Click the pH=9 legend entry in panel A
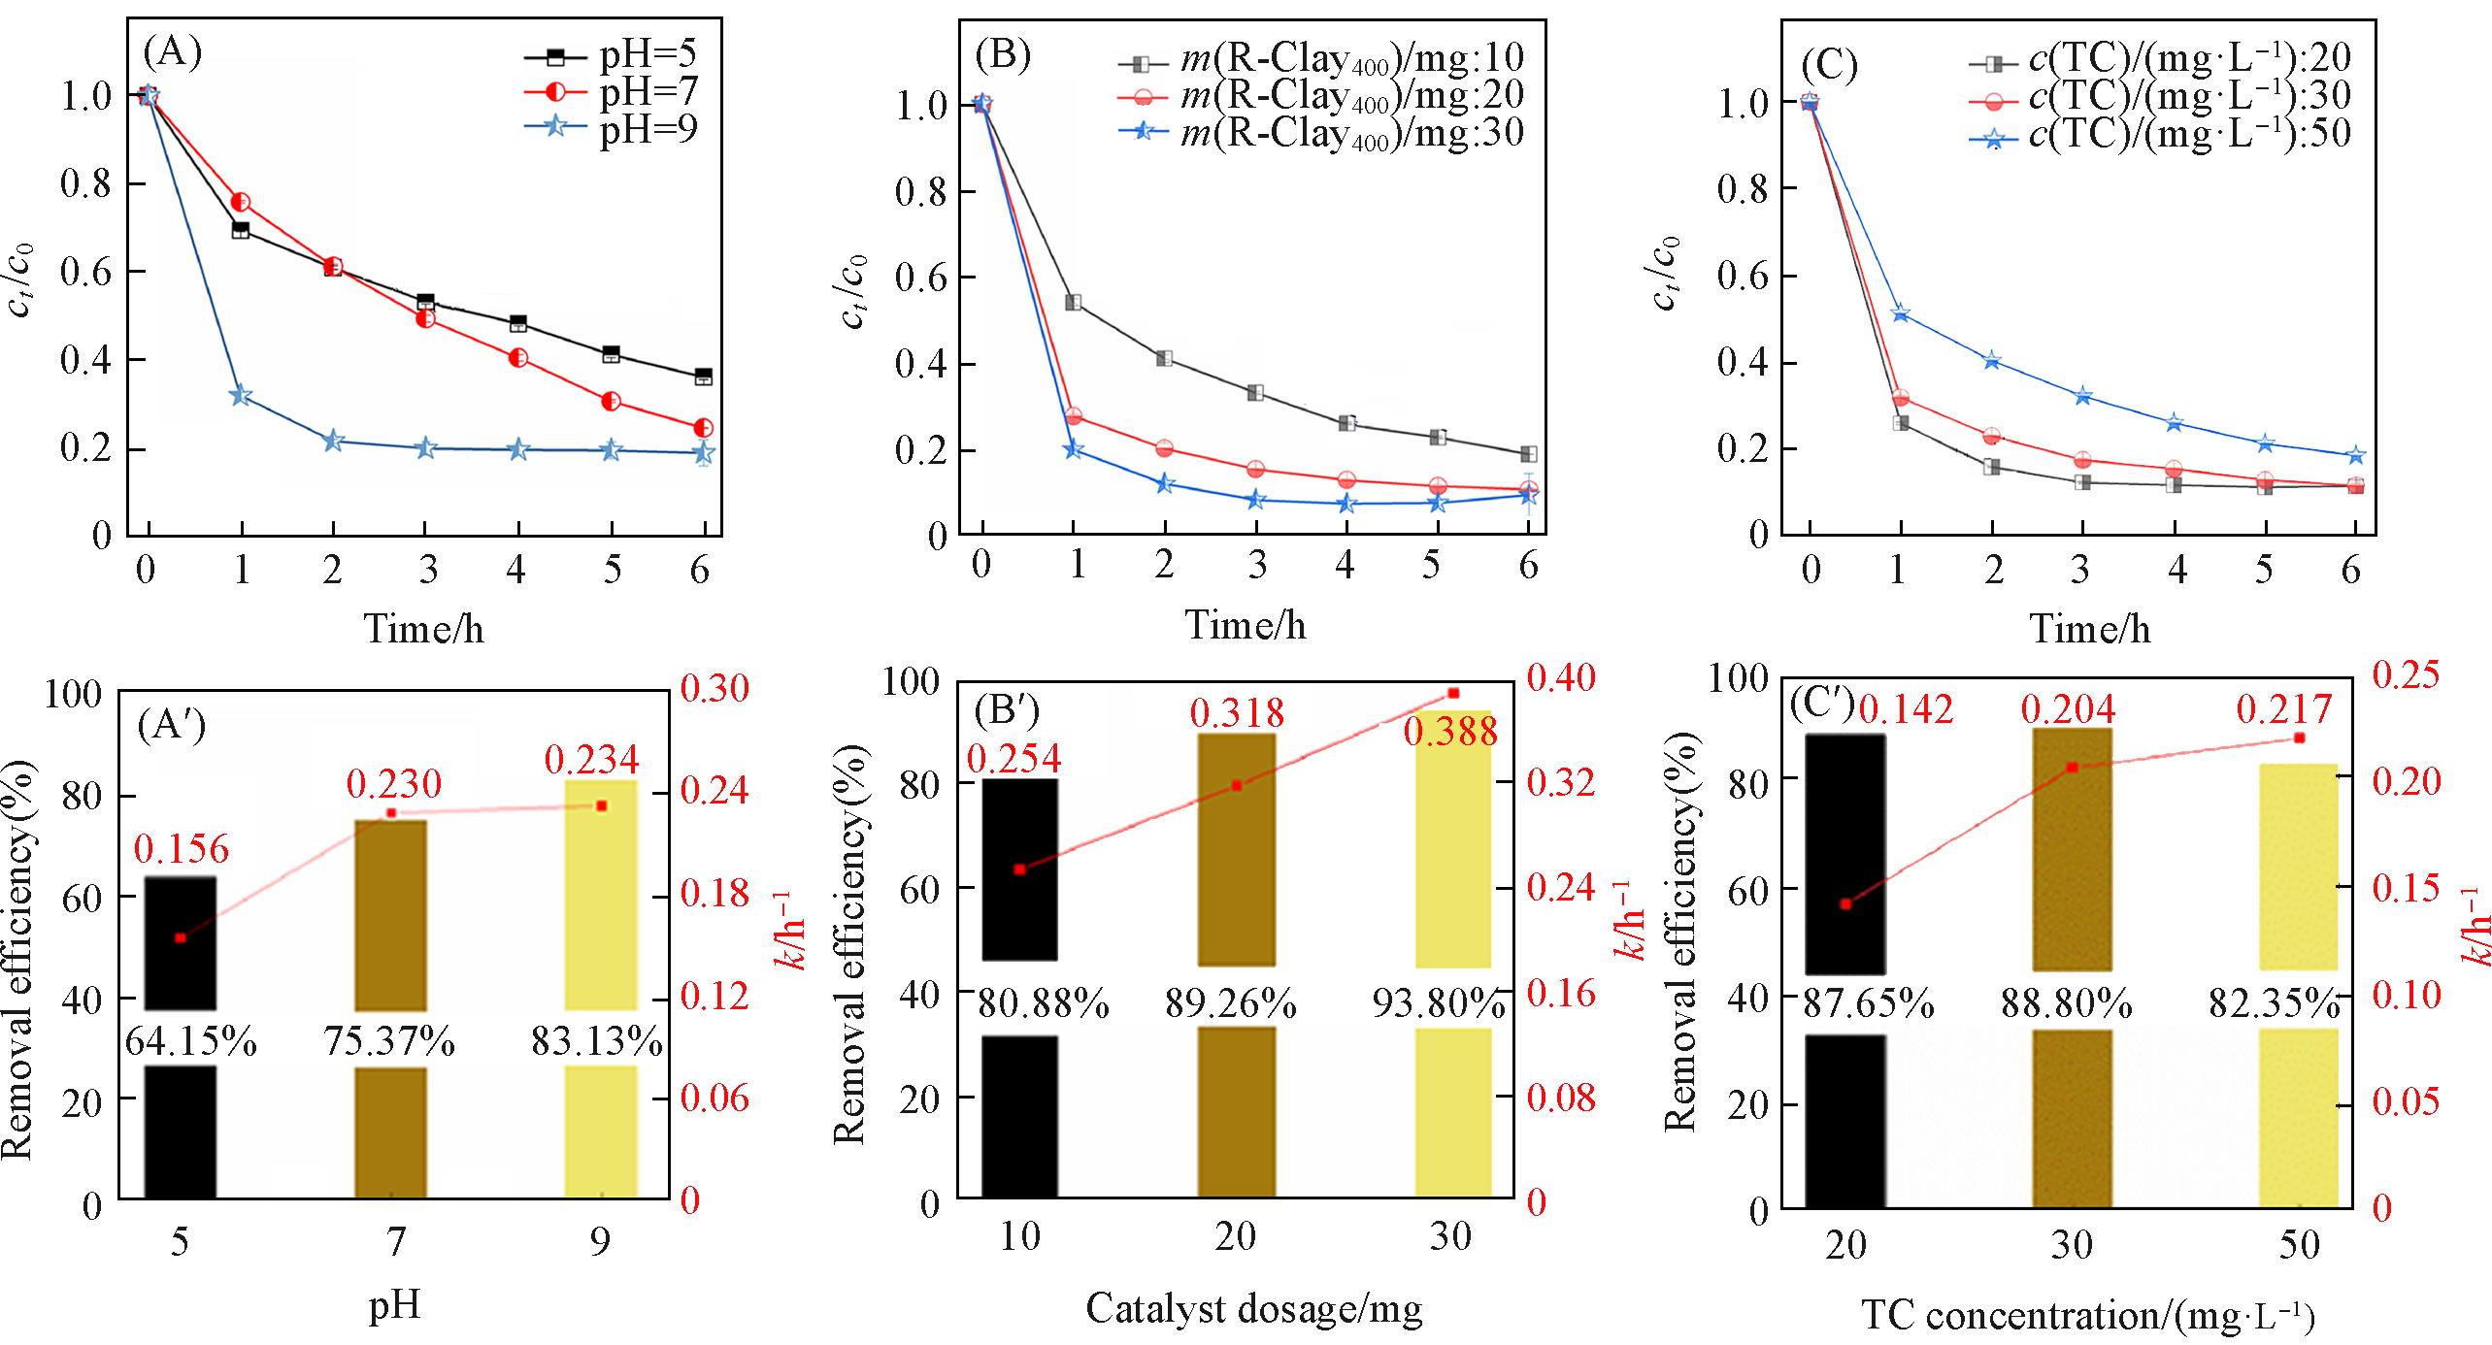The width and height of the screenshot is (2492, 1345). coord(612,129)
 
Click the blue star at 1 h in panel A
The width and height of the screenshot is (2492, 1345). coord(241,395)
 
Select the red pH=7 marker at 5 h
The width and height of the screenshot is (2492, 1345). coord(611,402)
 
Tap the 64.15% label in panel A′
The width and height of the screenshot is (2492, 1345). coord(190,1043)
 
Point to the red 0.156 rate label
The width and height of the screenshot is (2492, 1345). coord(182,850)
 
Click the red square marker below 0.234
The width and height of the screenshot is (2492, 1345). coord(601,806)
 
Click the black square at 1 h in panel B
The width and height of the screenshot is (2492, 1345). coord(1074,303)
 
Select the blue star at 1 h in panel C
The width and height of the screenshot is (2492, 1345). coord(1901,313)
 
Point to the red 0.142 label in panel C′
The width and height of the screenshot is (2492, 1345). coord(1905,711)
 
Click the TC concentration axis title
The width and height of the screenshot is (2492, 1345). coord(2088,1317)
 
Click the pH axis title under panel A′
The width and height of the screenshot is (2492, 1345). coord(394,1306)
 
